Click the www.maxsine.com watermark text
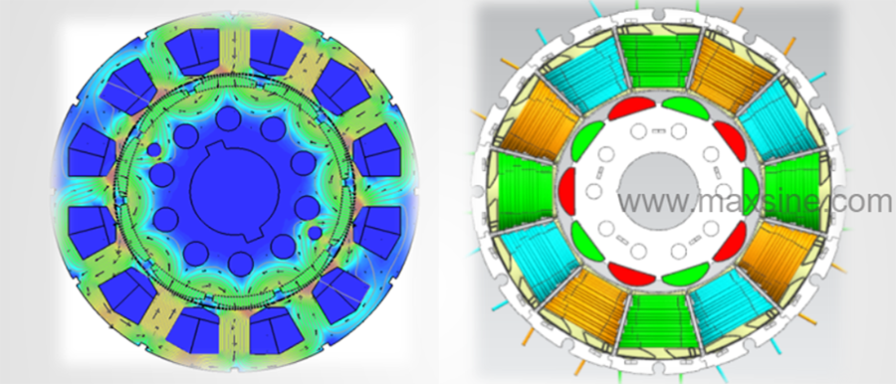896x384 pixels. (755, 202)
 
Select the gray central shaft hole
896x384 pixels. (659, 189)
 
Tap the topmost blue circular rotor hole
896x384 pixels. (228, 118)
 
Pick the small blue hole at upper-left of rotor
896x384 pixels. (153, 150)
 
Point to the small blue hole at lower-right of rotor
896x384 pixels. (315, 233)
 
